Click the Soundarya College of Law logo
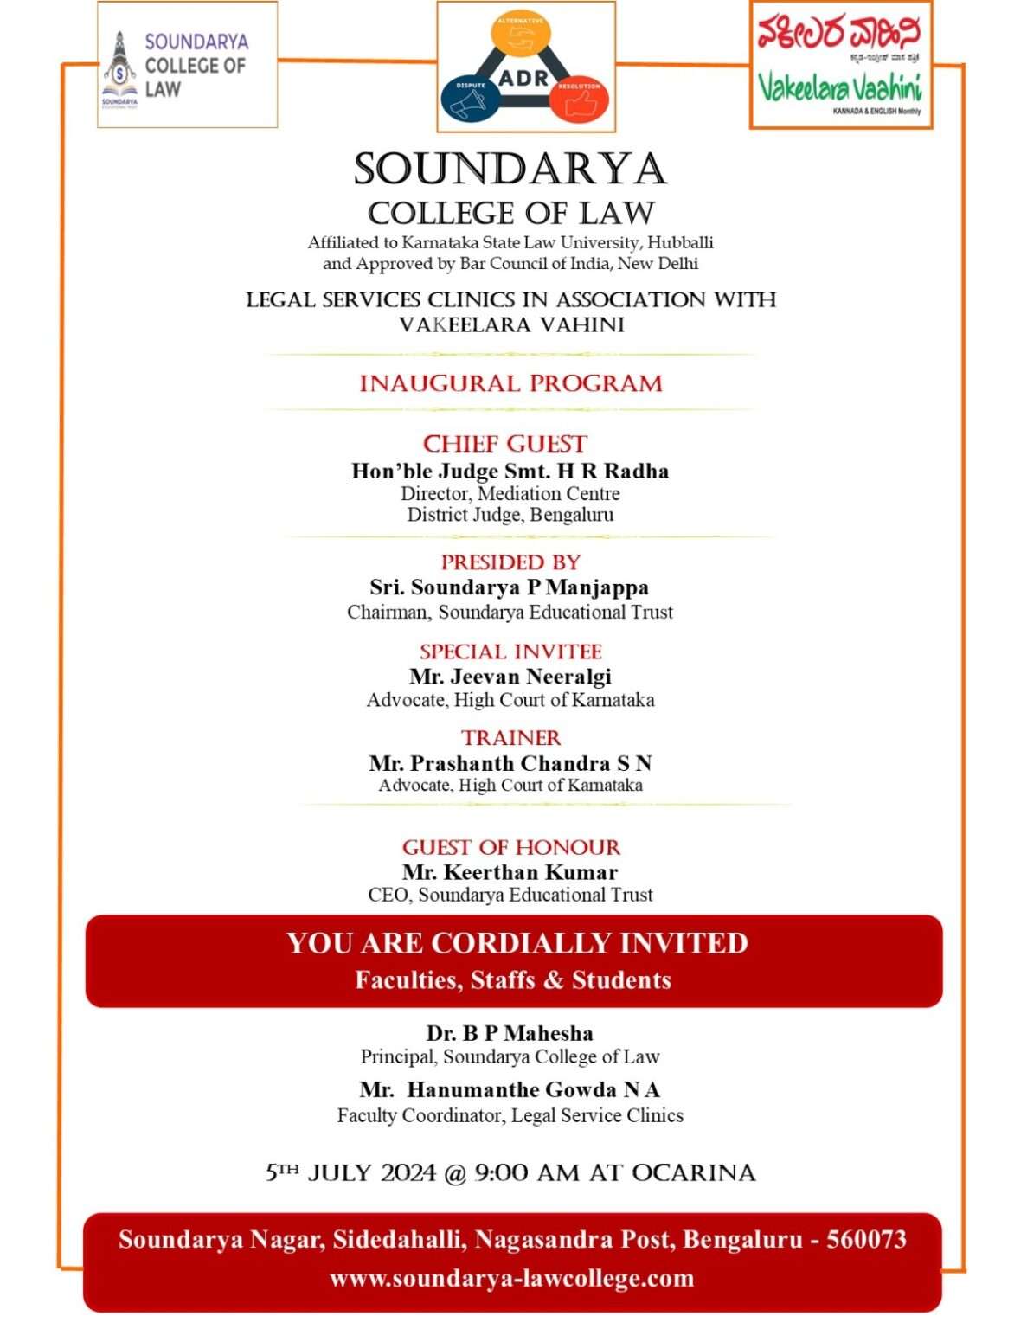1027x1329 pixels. pyautogui.click(x=186, y=66)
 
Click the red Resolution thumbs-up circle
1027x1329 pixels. pyautogui.click(x=578, y=98)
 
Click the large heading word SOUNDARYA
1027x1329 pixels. pyautogui.click(x=510, y=169)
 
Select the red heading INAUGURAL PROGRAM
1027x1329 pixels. pyautogui.click(x=510, y=383)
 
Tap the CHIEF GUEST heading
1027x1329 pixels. pyautogui.click(x=504, y=444)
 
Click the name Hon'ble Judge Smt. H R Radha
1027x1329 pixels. pyautogui.click(x=510, y=472)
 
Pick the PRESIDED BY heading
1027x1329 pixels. pyautogui.click(x=510, y=562)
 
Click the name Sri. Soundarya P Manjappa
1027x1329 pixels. pyautogui.click(x=509, y=587)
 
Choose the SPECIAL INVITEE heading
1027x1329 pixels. pyautogui.click(x=510, y=652)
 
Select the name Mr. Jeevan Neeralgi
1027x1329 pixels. pyautogui.click(x=510, y=677)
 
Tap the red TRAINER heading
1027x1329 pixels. pyautogui.click(x=510, y=738)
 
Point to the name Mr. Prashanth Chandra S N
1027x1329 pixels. pyautogui.click(x=510, y=763)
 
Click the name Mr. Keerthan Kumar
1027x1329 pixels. pyautogui.click(x=510, y=872)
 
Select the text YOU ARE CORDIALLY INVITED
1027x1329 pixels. pyautogui.click(x=517, y=942)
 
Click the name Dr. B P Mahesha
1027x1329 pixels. pyautogui.click(x=510, y=1033)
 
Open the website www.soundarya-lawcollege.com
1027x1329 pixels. pyautogui.click(x=511, y=1278)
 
